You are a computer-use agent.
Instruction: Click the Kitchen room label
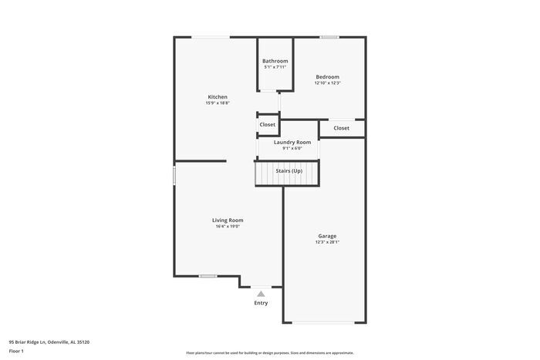point(217,96)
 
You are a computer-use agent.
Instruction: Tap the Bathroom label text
point(275,61)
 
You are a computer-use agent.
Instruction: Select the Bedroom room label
point(327,77)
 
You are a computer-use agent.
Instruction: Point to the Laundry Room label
point(292,142)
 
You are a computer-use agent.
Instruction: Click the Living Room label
point(228,220)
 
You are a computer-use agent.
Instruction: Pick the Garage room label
point(327,236)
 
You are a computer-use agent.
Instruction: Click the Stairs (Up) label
point(289,170)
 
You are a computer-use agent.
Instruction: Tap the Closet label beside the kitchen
point(267,124)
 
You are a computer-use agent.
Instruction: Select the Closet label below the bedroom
point(341,128)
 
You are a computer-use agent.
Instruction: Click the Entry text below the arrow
point(261,303)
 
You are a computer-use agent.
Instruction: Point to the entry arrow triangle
point(261,293)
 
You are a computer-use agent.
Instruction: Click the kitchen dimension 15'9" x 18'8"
point(217,103)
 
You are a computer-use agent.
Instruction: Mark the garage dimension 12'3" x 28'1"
point(327,242)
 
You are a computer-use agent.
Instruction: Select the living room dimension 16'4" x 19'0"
point(228,226)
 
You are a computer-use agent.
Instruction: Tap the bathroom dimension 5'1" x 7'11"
point(275,67)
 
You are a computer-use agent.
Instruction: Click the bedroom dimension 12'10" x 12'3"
point(327,83)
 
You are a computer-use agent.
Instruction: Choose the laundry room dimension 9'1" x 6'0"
point(292,148)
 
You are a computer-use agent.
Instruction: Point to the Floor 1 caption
point(16,351)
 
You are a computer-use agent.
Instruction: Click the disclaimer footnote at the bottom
point(269,352)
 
